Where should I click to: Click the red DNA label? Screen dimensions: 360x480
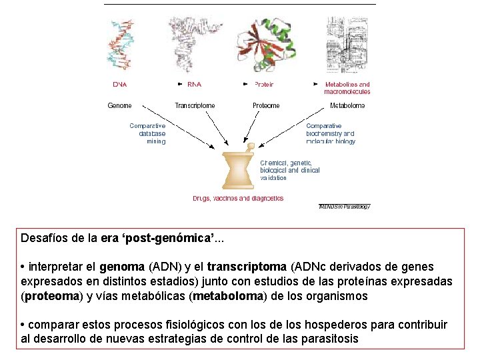pyautogui.click(x=120, y=85)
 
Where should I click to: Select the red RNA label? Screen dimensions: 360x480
pyautogui.click(x=195, y=85)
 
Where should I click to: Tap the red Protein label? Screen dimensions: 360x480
pyautogui.click(x=264, y=85)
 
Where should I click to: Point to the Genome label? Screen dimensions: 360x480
pyautogui.click(x=120, y=105)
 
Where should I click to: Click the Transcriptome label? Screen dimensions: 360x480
pyautogui.click(x=195, y=105)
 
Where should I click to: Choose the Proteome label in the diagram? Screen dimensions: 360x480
pyautogui.click(x=266, y=105)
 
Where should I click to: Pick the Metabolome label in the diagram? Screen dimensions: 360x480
pyautogui.click(x=348, y=105)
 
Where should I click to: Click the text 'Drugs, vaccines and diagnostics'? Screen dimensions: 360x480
pyautogui.click(x=238, y=198)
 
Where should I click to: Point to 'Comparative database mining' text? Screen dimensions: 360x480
pyautogui.click(x=148, y=133)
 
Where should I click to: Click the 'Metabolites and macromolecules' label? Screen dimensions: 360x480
pyautogui.click(x=347, y=88)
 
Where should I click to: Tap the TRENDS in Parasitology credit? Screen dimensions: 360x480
pyautogui.click(x=344, y=207)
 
